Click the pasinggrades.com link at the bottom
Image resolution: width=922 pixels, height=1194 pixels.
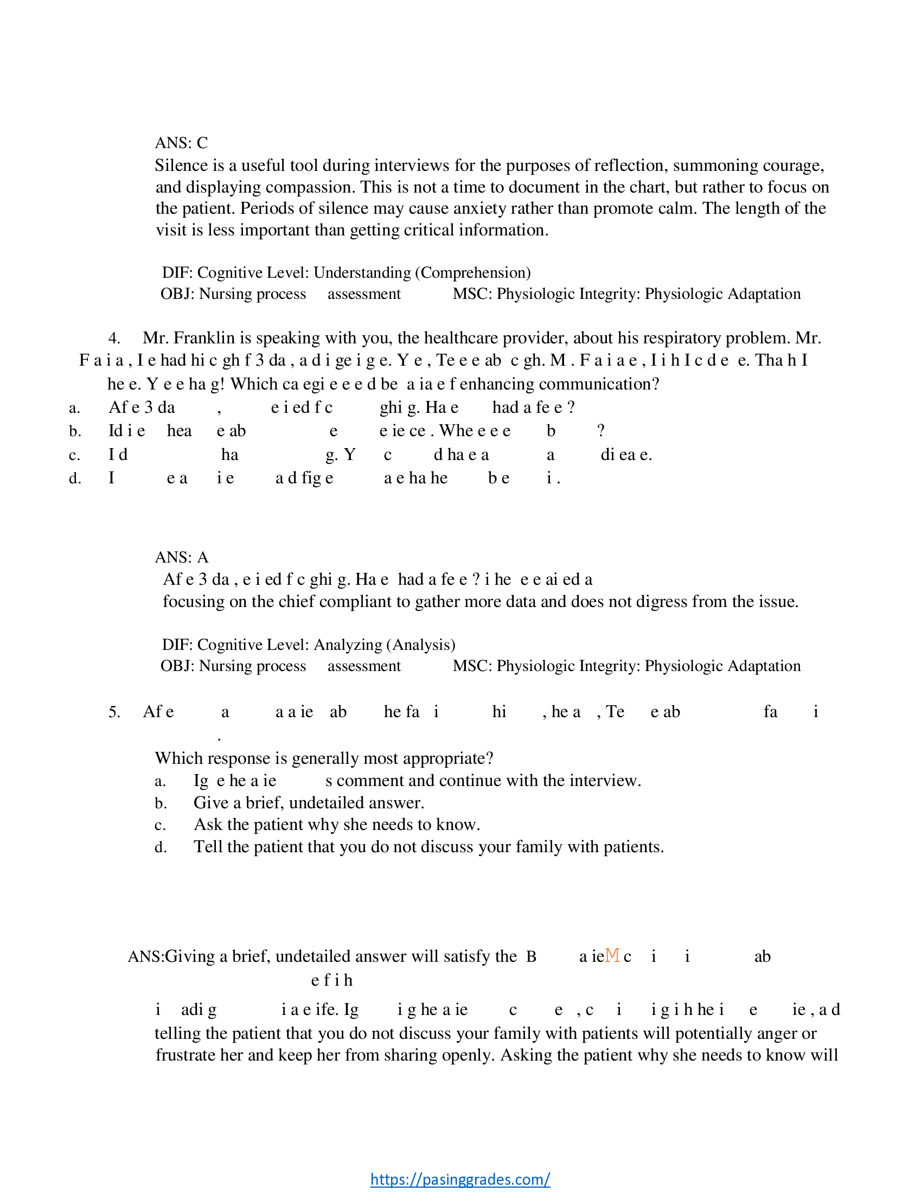click(459, 1179)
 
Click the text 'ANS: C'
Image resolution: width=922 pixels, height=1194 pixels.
click(181, 143)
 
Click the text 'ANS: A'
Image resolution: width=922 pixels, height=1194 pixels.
click(181, 557)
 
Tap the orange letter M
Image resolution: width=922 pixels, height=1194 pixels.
click(612, 955)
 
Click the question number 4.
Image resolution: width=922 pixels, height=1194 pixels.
click(114, 339)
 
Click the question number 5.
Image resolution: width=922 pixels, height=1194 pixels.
click(114, 712)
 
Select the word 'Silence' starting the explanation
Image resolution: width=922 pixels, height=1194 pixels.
click(178, 165)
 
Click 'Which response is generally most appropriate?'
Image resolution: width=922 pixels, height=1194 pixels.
click(324, 758)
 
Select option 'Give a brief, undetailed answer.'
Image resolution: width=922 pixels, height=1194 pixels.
click(309, 802)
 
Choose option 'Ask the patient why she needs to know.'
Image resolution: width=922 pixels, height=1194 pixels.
click(337, 825)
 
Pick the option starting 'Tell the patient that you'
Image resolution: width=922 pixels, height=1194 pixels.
click(428, 847)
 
